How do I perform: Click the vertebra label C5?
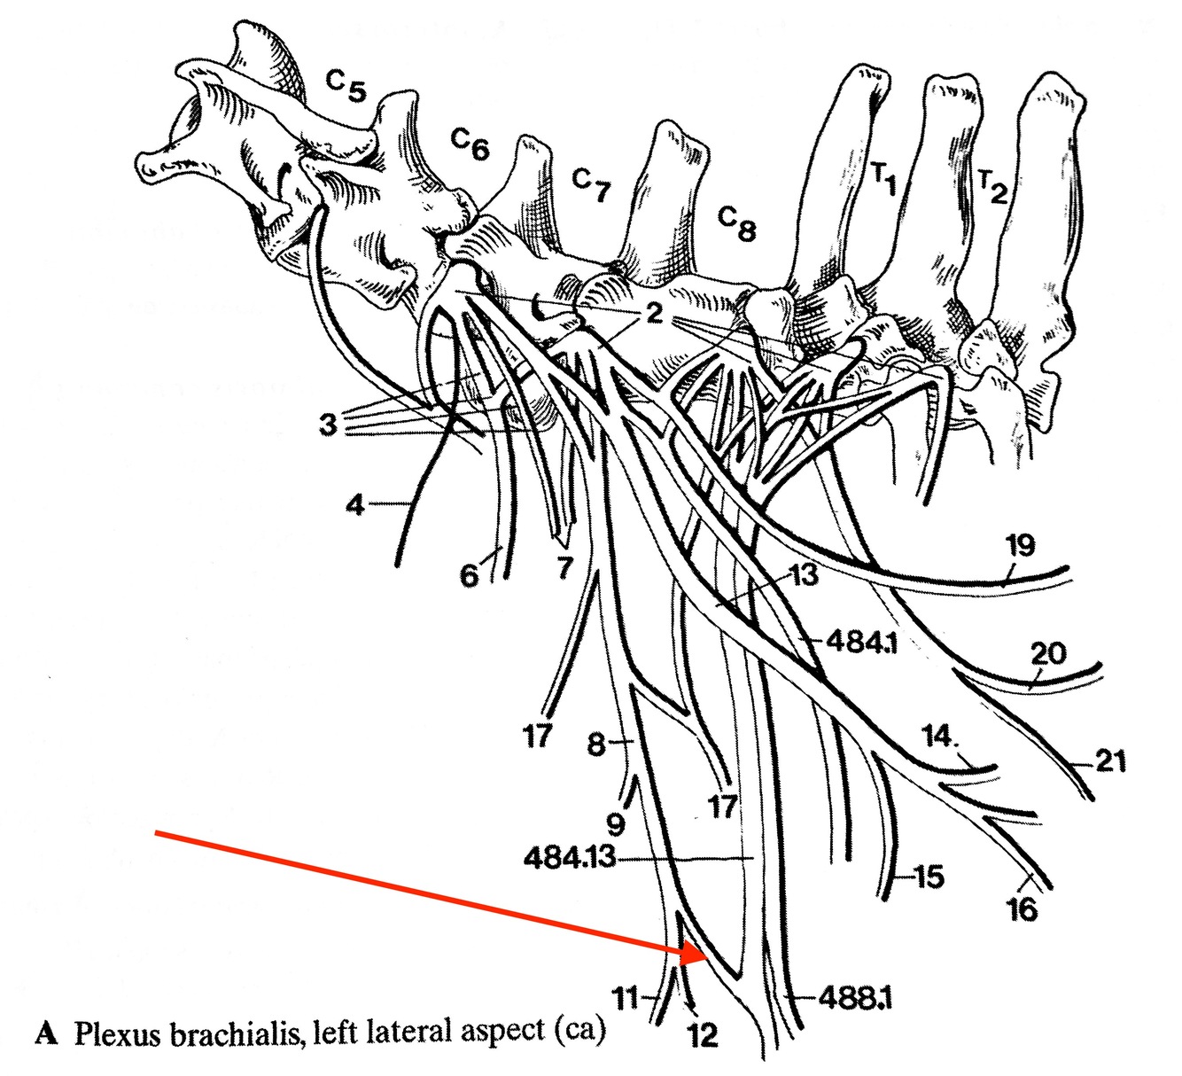346,87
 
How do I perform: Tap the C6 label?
470,144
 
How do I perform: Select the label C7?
591,184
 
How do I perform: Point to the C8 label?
736,222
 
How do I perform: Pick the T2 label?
992,186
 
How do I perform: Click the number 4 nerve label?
355,507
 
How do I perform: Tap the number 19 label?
1020,544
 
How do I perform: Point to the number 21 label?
1110,761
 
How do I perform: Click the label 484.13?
569,858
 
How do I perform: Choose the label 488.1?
855,999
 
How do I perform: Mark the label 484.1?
861,641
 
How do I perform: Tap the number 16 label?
1023,909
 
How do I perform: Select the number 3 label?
329,425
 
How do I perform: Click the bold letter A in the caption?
46,1033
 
